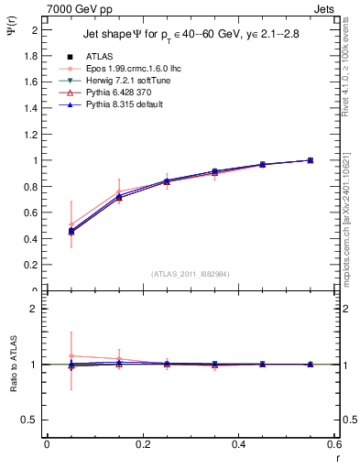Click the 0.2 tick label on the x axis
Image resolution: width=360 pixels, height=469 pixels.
tap(143, 445)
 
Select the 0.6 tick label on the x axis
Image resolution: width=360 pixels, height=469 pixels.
tap(334, 445)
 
